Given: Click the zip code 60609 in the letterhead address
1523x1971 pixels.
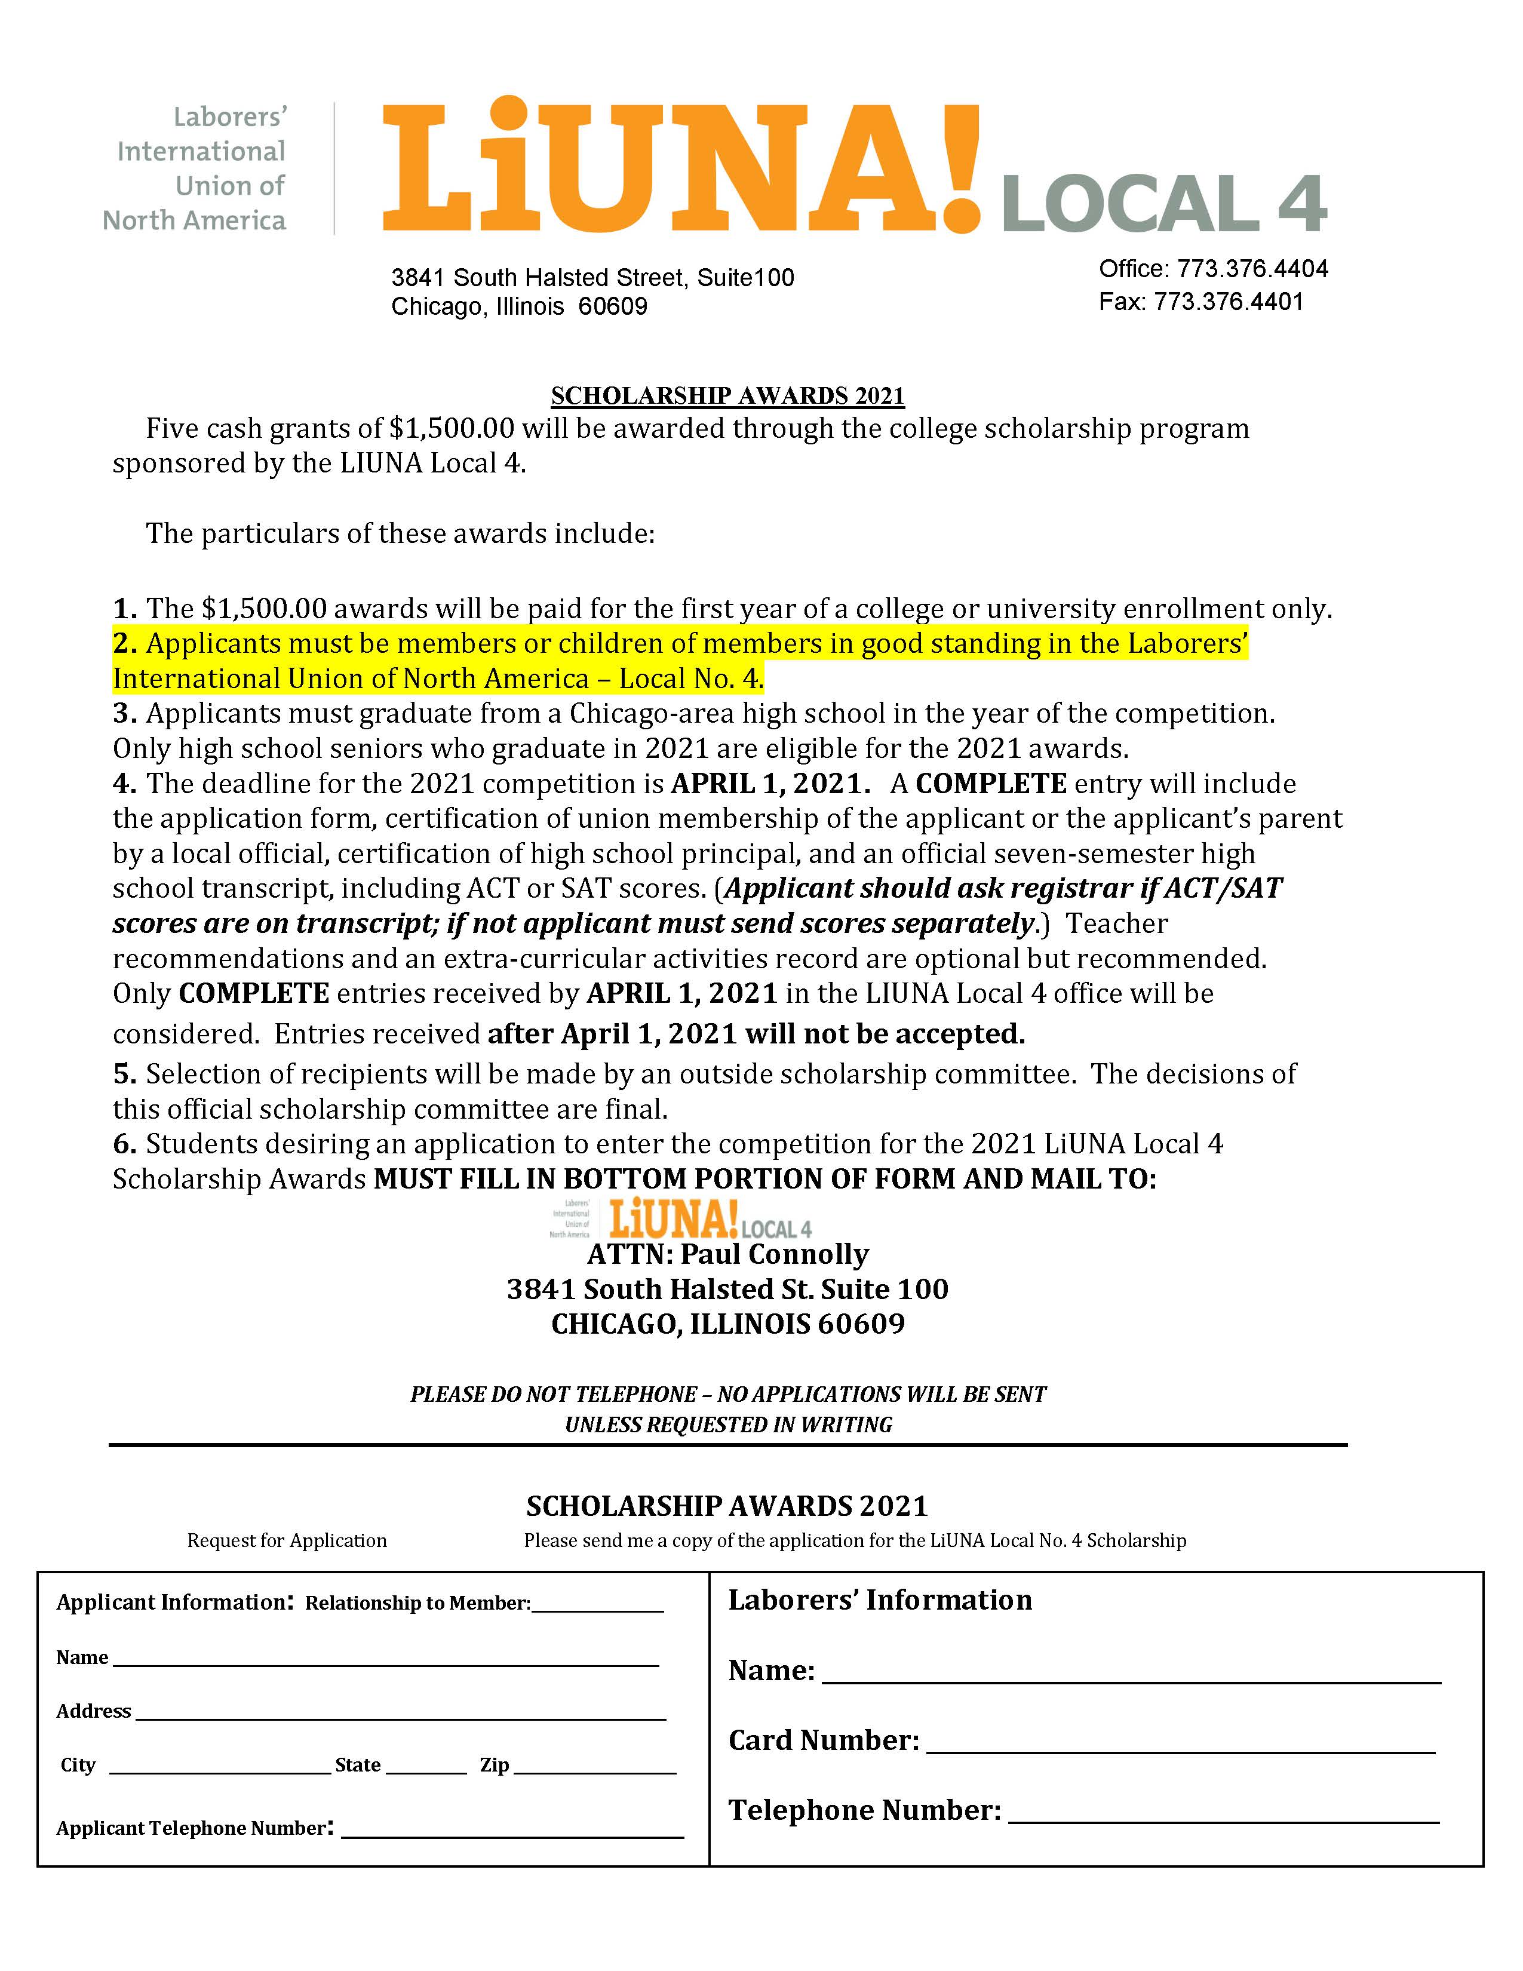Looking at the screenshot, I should (613, 307).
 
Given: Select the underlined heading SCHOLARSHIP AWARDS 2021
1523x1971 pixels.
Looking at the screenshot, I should (727, 396).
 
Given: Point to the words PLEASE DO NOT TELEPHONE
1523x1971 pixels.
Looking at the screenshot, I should (554, 1394).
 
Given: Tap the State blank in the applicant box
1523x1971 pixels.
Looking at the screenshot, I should (426, 1766).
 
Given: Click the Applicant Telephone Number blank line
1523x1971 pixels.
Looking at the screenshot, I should (512, 1829).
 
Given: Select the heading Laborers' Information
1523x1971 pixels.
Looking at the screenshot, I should (880, 1600).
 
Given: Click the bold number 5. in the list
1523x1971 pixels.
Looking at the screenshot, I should (124, 1074).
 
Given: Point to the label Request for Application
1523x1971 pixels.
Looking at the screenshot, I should (287, 1540).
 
